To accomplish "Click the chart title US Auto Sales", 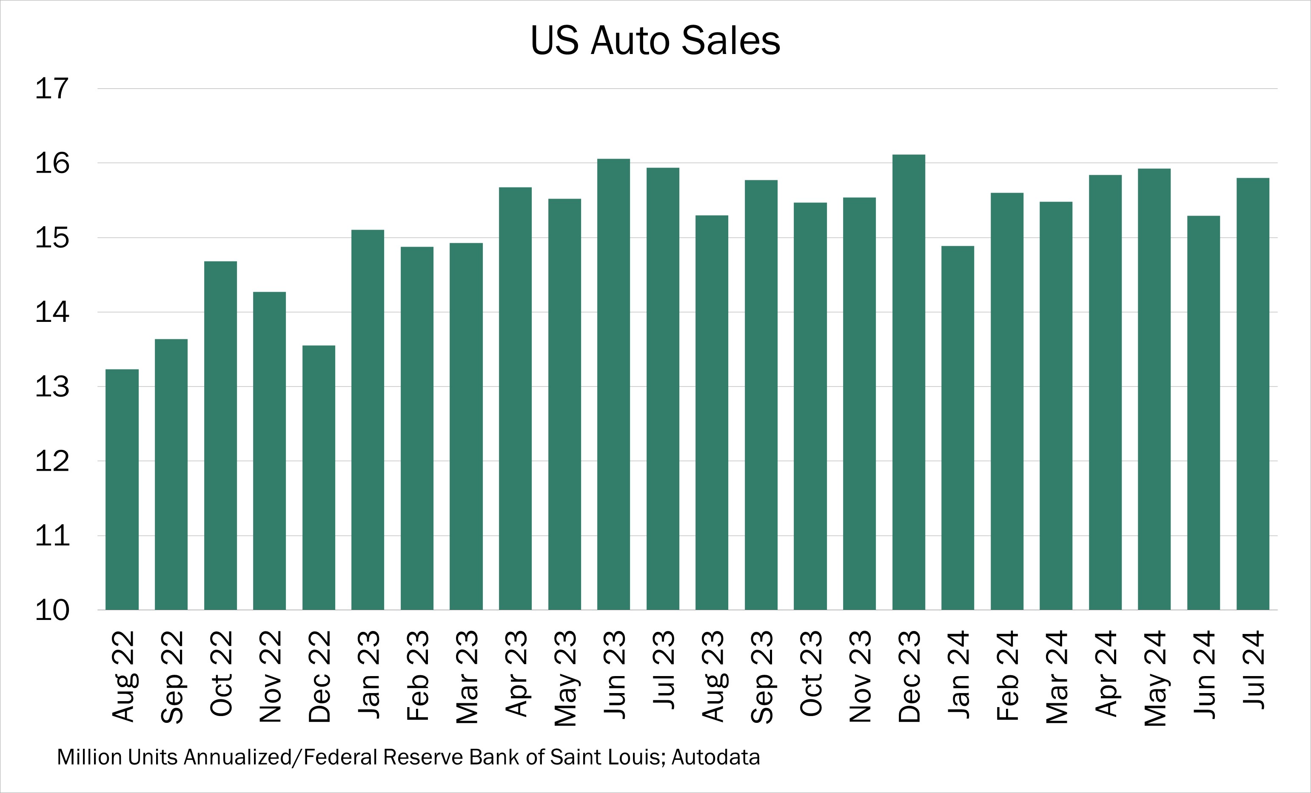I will (x=655, y=40).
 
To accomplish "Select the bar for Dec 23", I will (x=908, y=383).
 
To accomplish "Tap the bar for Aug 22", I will (x=122, y=489).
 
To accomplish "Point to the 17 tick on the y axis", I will (x=52, y=89).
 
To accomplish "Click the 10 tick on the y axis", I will (x=52, y=611).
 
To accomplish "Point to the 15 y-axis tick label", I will (x=52, y=238).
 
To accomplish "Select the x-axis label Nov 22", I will (x=270, y=676).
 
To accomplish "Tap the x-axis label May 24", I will (x=1154, y=678).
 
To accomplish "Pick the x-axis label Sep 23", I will (x=761, y=676).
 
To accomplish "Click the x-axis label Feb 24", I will (x=1007, y=676).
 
